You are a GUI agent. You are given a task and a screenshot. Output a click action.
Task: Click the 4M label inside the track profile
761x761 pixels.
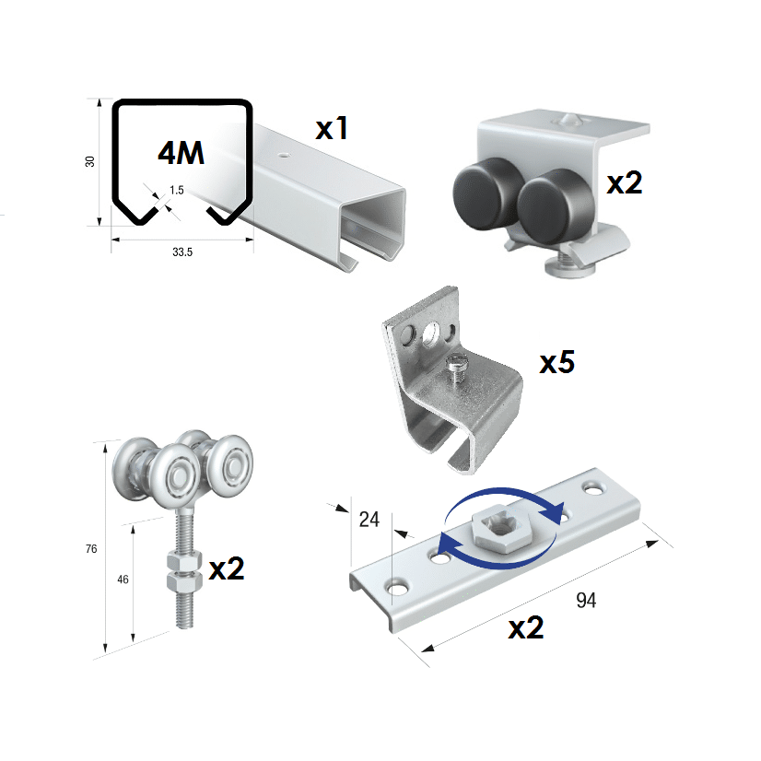point(181,153)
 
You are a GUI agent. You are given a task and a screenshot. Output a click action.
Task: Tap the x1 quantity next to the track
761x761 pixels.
point(332,129)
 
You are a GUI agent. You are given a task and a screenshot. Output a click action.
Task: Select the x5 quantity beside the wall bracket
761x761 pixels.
point(557,363)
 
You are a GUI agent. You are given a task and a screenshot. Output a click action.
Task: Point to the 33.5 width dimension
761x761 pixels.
point(182,252)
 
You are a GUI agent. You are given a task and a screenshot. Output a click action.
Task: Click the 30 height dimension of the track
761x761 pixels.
point(90,161)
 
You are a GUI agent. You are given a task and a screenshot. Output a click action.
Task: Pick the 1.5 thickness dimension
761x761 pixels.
point(177,190)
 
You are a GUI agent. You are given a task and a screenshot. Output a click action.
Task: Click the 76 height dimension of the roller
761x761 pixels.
point(91,549)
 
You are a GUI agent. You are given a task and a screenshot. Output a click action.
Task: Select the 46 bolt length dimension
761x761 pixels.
point(123,579)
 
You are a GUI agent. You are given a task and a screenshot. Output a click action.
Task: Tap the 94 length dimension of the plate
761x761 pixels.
point(586,601)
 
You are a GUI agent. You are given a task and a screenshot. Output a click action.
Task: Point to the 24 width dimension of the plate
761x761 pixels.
point(369,520)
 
